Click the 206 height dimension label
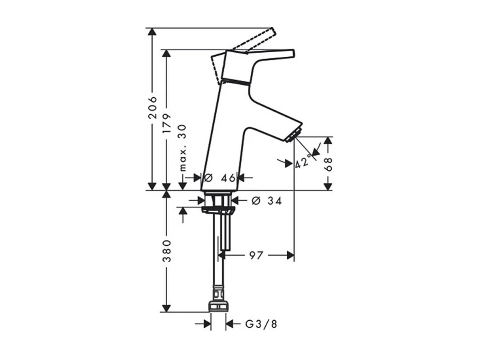click(x=152, y=107)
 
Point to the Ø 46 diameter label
click(x=220, y=177)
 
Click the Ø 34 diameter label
click(x=267, y=200)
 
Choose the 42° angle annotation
click(x=304, y=161)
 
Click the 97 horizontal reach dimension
click(x=256, y=255)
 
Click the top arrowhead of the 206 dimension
click(x=152, y=32)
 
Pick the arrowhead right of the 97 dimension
click(x=290, y=255)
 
